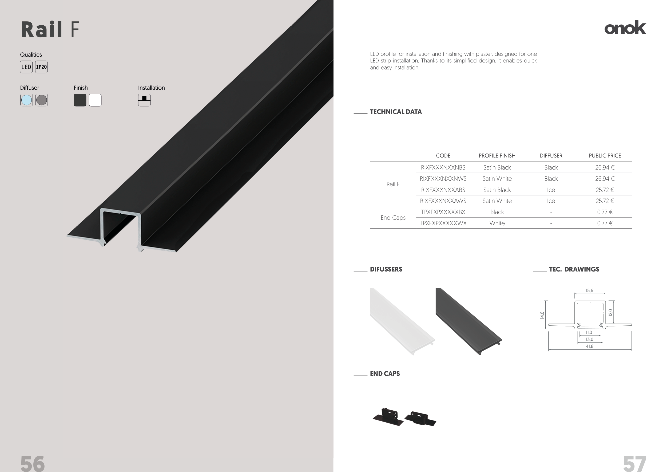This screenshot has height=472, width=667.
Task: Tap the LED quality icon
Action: tap(26, 67)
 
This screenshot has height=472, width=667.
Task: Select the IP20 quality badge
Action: tap(41, 67)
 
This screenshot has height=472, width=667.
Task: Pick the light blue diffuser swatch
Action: tap(26, 100)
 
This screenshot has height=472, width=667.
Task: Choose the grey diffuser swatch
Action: tap(42, 100)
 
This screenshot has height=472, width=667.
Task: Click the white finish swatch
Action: tap(95, 100)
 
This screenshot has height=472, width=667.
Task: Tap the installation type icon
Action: tap(144, 100)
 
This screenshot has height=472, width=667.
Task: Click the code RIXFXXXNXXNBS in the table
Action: tap(443, 167)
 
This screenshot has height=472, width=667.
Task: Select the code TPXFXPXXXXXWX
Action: tap(443, 223)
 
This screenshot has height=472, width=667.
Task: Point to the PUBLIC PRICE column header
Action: tap(605, 155)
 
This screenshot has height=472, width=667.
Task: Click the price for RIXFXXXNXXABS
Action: tap(605, 190)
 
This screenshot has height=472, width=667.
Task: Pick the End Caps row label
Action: tap(393, 218)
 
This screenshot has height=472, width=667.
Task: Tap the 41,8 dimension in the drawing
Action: tap(589, 346)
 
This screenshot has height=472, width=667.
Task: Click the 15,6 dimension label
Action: tap(589, 290)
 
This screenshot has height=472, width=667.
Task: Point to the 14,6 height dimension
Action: tap(542, 315)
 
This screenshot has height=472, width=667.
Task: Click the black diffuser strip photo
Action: tap(468, 321)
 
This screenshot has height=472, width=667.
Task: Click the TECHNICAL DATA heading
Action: tap(396, 112)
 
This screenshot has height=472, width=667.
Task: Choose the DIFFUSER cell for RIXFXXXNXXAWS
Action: tap(551, 201)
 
